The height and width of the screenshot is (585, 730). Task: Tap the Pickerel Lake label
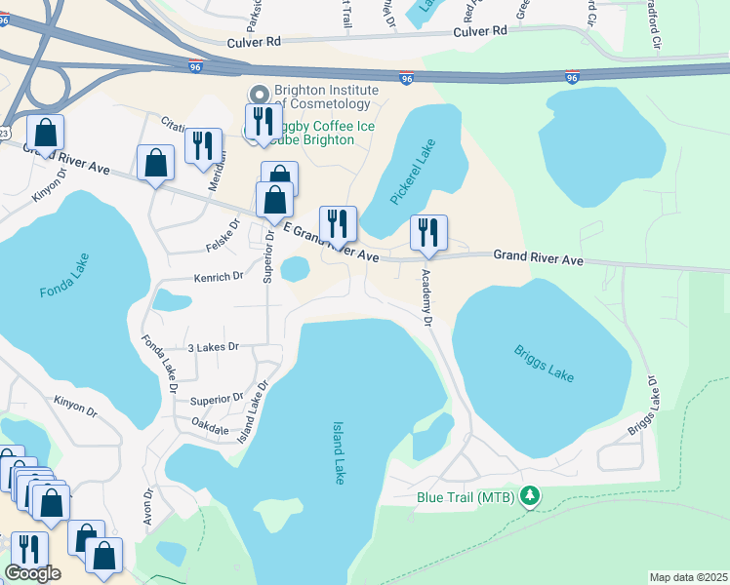pyautogui.click(x=413, y=173)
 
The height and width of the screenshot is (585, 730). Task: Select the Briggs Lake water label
pyautogui.click(x=544, y=363)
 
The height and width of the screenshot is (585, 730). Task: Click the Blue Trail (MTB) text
pyautogui.click(x=467, y=497)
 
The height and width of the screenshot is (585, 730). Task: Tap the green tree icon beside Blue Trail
pyautogui.click(x=530, y=497)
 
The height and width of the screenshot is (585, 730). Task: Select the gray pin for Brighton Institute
pyautogui.click(x=259, y=95)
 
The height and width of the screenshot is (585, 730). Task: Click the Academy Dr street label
pyautogui.click(x=427, y=297)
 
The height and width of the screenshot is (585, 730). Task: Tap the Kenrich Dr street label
pyautogui.click(x=218, y=277)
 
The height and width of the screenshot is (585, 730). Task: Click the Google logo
pyautogui.click(x=31, y=573)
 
